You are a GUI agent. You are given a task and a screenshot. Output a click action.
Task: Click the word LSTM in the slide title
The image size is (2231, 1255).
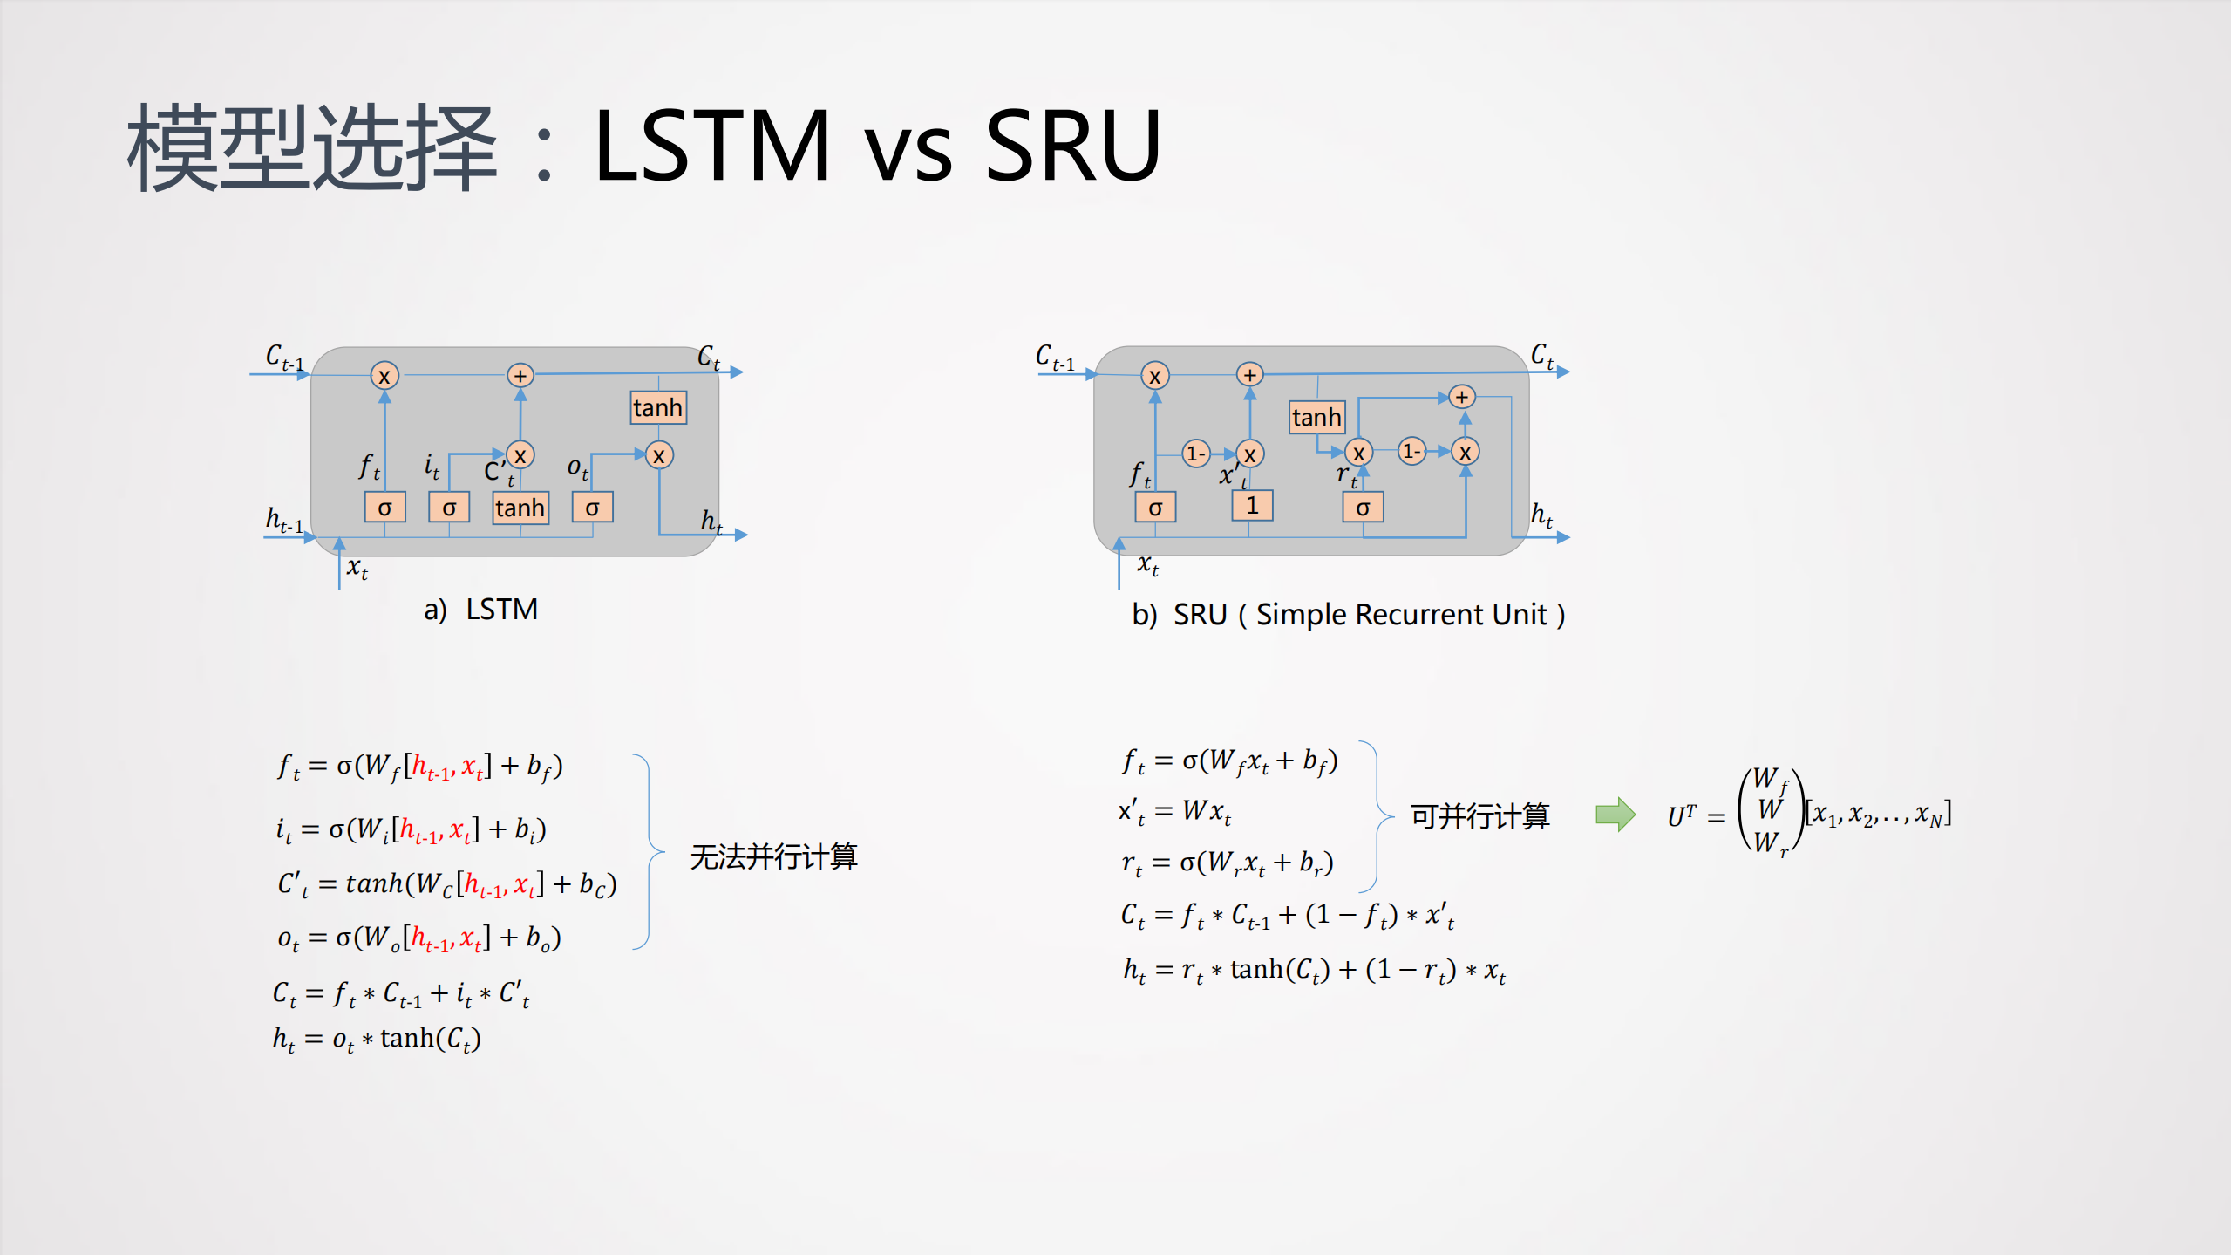(x=711, y=145)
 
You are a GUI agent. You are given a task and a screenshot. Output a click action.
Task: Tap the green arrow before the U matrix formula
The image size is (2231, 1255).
(x=1615, y=815)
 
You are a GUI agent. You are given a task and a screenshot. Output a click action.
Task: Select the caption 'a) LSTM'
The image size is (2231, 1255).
(x=480, y=609)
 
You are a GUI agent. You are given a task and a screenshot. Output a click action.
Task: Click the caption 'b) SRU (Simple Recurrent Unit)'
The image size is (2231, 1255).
(x=1348, y=615)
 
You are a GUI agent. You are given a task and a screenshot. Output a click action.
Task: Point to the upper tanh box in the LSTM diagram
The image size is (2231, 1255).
(x=658, y=407)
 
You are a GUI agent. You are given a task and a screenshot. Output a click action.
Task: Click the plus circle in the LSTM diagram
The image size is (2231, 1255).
(x=520, y=376)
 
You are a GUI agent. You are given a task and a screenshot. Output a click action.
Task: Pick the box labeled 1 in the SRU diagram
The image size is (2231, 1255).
(x=1252, y=505)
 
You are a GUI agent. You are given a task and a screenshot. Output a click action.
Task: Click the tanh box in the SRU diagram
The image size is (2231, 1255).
(x=1316, y=417)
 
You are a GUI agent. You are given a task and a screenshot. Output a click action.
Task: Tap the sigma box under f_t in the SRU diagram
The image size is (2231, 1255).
(x=1155, y=507)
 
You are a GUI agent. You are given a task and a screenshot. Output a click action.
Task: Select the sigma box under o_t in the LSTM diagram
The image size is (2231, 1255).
(x=593, y=507)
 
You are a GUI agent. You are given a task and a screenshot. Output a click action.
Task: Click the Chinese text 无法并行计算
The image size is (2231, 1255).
(x=773, y=856)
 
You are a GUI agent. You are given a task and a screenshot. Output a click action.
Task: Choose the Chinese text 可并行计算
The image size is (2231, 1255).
(x=1479, y=816)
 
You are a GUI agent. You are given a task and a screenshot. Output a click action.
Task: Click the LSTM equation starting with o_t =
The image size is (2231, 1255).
(x=418, y=938)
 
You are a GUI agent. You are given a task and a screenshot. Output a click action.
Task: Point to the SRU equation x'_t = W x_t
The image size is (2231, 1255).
(x=1175, y=811)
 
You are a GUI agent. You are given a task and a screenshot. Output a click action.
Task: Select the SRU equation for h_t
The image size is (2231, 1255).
(x=1314, y=970)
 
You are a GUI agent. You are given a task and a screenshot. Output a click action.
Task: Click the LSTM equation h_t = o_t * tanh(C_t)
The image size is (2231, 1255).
(x=377, y=1039)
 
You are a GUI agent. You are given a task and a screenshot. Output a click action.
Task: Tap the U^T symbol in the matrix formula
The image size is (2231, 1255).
(x=1682, y=816)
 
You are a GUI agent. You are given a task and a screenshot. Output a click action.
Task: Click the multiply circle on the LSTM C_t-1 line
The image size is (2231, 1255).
(x=384, y=376)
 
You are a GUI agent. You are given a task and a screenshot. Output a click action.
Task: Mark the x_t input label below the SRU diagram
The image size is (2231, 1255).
(x=1147, y=565)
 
